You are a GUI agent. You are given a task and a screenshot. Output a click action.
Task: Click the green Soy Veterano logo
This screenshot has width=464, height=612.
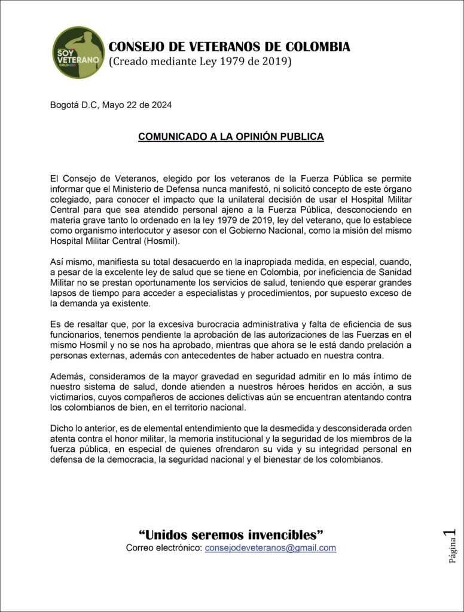[78, 53]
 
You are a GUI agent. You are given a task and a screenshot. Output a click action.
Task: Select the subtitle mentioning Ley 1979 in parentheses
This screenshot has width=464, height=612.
[200, 62]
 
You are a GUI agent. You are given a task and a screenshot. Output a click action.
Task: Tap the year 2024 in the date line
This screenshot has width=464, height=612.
[161, 106]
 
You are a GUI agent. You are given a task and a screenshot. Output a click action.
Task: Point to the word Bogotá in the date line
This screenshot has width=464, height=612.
[65, 106]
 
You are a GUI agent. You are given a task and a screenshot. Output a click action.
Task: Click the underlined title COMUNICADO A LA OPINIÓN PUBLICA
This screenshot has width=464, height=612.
[231, 137]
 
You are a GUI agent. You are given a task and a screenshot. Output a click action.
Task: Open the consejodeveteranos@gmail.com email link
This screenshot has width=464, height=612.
[270, 547]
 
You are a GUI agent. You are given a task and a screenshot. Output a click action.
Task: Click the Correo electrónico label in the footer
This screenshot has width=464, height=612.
[164, 547]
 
